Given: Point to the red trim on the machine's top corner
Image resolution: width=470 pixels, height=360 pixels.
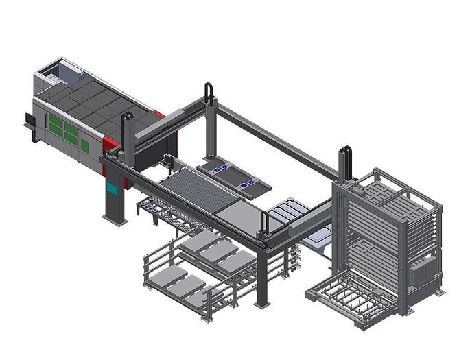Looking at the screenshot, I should coord(159,115).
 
